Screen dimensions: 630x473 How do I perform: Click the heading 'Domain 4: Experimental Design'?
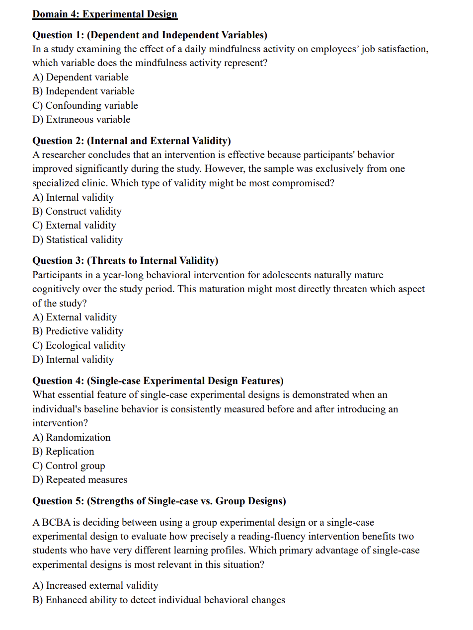pyautogui.click(x=105, y=14)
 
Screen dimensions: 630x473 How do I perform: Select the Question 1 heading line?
pyautogui.click(x=150, y=35)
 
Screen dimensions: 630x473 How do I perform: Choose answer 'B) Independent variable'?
pyautogui.click(x=83, y=91)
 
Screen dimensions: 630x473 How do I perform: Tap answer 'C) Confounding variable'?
pyautogui.click(x=85, y=105)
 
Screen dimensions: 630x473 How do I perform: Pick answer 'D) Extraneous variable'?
pyautogui.click(x=81, y=119)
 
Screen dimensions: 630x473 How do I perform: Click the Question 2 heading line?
pyautogui.click(x=132, y=141)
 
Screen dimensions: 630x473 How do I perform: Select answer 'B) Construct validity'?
pyautogui.click(x=77, y=211)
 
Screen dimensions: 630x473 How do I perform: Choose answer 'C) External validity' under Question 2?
pyautogui.click(x=75, y=225)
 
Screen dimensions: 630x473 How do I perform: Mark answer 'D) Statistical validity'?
pyautogui.click(x=78, y=239)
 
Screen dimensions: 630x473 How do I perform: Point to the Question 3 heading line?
pyautogui.click(x=125, y=260)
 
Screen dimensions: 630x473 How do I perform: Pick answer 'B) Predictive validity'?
pyautogui.click(x=78, y=331)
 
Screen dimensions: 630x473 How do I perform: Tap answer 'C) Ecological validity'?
pyautogui.click(x=79, y=345)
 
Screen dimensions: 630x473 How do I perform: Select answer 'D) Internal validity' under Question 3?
pyautogui.click(x=73, y=359)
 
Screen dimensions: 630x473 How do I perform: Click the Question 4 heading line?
pyautogui.click(x=158, y=381)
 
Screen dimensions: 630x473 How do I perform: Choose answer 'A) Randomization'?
pyautogui.click(x=72, y=437)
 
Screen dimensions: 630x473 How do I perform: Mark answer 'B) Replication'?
pyautogui.click(x=63, y=451)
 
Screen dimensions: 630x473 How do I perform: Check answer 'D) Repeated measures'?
pyautogui.click(x=80, y=479)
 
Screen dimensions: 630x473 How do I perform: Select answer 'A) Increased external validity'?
pyautogui.click(x=95, y=585)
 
